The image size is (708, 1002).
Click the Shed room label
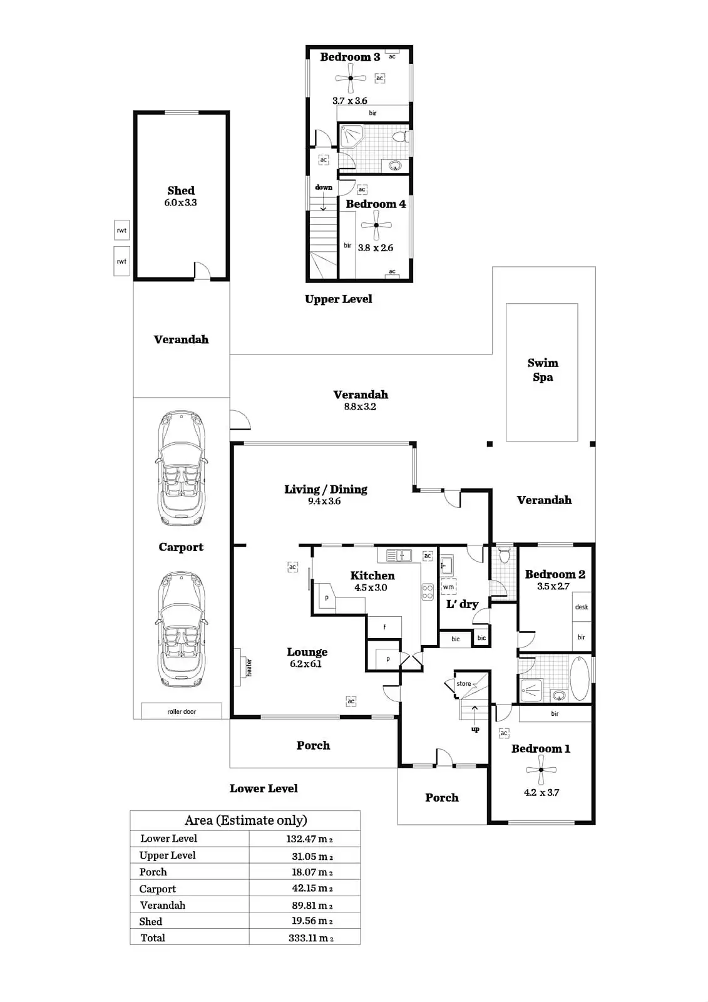click(181, 190)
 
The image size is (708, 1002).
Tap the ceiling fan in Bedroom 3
click(351, 78)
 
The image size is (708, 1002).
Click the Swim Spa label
click(543, 369)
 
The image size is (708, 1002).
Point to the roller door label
click(182, 711)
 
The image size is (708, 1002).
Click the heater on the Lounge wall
click(243, 666)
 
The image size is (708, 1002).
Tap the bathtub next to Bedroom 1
click(580, 679)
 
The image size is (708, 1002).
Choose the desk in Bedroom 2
click(582, 607)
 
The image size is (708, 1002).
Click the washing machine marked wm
click(448, 587)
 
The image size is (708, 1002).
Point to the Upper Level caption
click(339, 299)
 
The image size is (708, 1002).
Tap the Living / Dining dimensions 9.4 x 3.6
click(324, 501)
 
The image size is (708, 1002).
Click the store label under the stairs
click(464, 683)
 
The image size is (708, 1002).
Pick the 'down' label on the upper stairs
click(324, 187)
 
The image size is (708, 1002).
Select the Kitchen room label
click(372, 576)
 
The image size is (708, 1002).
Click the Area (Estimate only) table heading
click(245, 820)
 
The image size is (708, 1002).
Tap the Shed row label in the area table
click(151, 921)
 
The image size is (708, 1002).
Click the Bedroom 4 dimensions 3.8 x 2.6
click(376, 248)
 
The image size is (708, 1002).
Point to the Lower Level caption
click(264, 788)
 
